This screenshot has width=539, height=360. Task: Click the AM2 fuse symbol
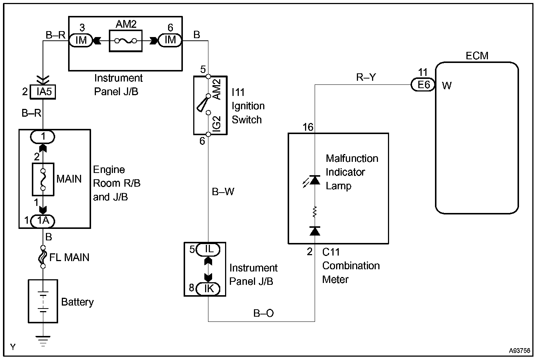click(x=125, y=41)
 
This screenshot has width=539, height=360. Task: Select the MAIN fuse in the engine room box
click(x=43, y=179)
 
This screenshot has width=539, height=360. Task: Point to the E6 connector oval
click(x=423, y=85)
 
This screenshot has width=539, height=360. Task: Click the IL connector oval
click(x=209, y=249)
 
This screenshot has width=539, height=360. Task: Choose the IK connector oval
click(x=209, y=289)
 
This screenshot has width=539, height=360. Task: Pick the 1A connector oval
click(x=43, y=221)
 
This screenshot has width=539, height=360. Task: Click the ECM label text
click(x=477, y=56)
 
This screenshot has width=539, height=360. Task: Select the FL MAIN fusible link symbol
click(x=43, y=257)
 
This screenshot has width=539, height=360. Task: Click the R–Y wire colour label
click(x=366, y=77)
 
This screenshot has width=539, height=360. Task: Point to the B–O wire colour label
click(x=263, y=313)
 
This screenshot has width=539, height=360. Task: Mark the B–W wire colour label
click(x=223, y=191)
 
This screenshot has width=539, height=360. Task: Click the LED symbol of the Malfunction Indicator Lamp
click(x=315, y=180)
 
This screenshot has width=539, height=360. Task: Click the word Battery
click(x=77, y=302)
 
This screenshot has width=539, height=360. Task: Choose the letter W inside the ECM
click(x=447, y=86)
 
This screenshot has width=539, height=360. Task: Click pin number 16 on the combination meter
click(x=308, y=127)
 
